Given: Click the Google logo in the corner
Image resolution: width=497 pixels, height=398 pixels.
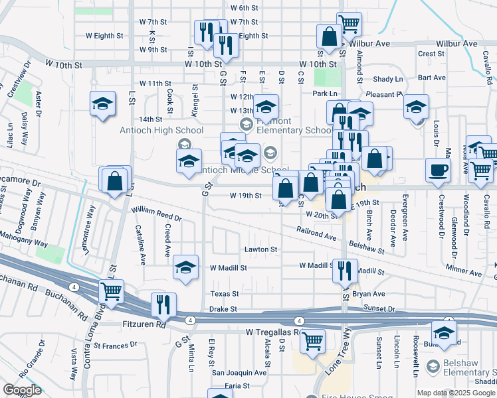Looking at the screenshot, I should coord(21,390).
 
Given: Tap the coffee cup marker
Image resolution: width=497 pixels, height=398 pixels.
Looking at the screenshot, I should coord(438,170).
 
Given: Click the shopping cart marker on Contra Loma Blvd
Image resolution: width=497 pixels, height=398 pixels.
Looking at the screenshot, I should coord(111,291).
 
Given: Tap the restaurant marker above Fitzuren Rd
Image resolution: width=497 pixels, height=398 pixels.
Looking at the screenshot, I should coord(163,304).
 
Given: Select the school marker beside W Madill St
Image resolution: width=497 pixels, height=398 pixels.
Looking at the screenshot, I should coord(186,267).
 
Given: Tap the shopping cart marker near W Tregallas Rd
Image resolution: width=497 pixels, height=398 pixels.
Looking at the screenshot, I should coord(312,340).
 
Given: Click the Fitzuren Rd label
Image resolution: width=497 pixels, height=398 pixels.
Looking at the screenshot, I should coord(144,325).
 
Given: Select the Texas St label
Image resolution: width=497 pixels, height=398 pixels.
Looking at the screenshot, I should coord(224,293).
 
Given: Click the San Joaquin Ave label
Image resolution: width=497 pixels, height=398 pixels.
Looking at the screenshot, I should coord(239,373).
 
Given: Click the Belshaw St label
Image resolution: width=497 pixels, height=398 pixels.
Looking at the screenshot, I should coord(367,247).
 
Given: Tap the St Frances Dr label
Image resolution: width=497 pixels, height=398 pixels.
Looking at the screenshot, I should coord(114,345).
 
